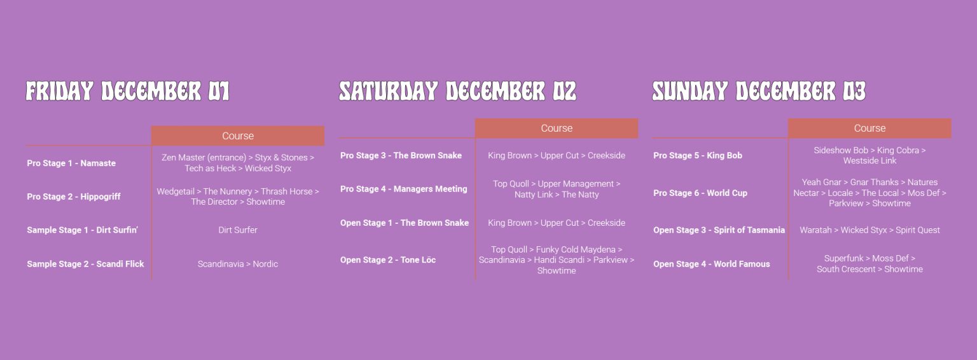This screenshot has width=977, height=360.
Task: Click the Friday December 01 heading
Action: pos(127,91)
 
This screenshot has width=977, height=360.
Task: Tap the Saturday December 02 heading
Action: pos(457,91)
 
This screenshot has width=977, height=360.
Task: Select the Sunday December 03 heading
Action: pos(759,91)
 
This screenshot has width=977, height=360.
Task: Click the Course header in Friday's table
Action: pos(238,135)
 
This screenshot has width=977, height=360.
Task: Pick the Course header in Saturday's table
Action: pos(557,128)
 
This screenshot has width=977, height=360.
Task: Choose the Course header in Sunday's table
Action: pos(870,128)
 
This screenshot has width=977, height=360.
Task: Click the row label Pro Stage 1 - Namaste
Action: pos(71,163)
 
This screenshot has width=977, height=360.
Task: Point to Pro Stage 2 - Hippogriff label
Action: pos(74,197)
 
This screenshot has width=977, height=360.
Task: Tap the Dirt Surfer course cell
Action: pos(238,230)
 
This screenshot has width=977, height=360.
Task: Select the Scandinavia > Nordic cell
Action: pos(238,264)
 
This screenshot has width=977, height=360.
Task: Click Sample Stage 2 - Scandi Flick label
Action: pos(85,264)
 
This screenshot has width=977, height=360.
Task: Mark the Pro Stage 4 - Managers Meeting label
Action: pos(403,189)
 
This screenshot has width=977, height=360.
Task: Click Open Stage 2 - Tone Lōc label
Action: pos(388,260)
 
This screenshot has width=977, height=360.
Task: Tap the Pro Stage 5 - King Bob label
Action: pos(697,155)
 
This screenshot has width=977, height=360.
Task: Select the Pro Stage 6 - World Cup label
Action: pos(700,193)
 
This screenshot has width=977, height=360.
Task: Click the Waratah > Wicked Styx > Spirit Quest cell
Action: pos(870,230)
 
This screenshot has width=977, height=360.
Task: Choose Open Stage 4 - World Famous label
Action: pos(711,264)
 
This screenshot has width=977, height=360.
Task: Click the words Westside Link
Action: pos(870,160)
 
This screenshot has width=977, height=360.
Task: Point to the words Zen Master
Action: pos(183,158)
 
